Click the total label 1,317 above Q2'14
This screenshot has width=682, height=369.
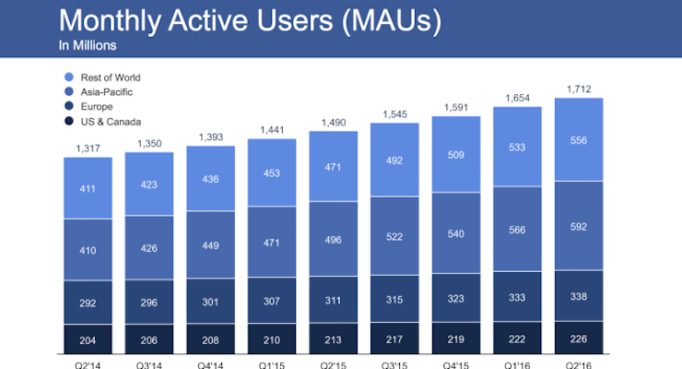coord(88,149)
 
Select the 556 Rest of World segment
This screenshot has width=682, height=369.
coord(579,138)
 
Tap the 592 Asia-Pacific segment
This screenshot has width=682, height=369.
coord(579,226)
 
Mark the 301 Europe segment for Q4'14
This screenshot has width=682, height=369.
coord(210,301)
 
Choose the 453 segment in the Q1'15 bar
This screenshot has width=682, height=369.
coord(272,172)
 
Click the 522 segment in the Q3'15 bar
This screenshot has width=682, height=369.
coord(394,238)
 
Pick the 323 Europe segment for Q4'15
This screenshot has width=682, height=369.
coord(456,299)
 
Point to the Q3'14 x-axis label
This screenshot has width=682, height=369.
coord(148,363)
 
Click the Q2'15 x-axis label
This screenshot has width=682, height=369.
coord(333,363)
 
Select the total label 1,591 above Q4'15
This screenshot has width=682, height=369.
coord(456,107)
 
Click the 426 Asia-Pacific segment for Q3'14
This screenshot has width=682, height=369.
coord(148,246)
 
